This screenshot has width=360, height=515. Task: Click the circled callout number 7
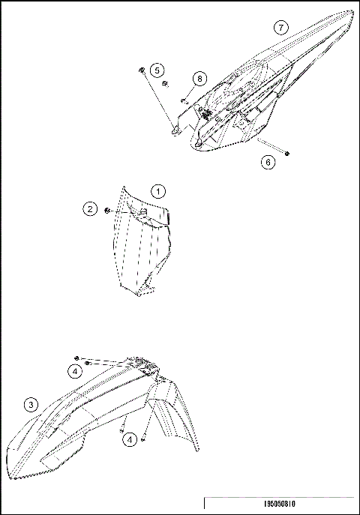[x=280, y=28]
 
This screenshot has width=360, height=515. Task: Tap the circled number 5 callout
[x=156, y=70]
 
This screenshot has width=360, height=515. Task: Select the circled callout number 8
[x=199, y=79]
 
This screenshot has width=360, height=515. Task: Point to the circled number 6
[x=268, y=162]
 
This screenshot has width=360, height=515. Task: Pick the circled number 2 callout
[x=90, y=209]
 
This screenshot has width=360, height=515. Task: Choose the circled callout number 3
[x=30, y=406]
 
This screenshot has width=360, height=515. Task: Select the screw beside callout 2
[x=109, y=210]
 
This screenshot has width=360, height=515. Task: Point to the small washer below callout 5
[x=166, y=84]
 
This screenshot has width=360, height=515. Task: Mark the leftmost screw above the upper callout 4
[x=77, y=359]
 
